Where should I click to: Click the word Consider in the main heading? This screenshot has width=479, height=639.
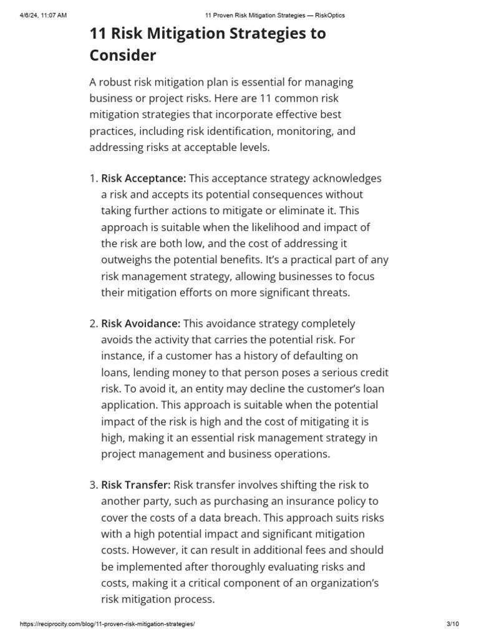pos(123,56)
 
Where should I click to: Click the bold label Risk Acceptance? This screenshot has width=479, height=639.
pos(143,178)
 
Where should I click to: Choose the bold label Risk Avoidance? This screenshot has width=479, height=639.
pos(141,323)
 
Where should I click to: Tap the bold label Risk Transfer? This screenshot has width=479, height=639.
pos(136,485)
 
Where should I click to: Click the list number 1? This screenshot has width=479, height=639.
pos(93,178)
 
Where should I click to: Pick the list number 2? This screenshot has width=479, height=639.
pos(93,323)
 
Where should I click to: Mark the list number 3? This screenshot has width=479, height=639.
pos(93,485)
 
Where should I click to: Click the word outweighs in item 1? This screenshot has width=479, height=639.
pos(127,260)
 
